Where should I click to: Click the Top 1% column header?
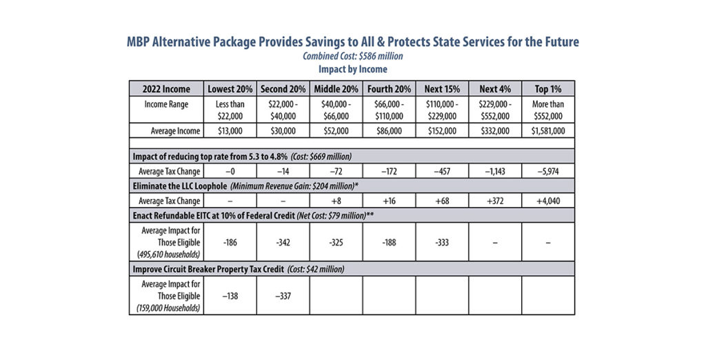click(x=548, y=89)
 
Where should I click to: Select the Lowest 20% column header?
click(x=230, y=89)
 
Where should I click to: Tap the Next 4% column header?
click(x=495, y=89)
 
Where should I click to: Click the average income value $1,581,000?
click(x=548, y=131)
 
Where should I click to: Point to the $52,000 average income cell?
click(x=336, y=131)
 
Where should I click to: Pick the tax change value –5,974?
click(x=548, y=171)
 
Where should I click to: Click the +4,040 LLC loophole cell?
click(x=548, y=201)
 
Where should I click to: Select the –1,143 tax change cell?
click(x=495, y=171)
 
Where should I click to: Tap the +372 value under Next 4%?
click(x=495, y=201)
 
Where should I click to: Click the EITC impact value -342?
click(x=283, y=242)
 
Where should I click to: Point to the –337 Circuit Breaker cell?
click(x=283, y=296)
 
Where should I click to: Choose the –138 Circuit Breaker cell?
click(x=230, y=296)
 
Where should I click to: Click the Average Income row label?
click(x=175, y=131)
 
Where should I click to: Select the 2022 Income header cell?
click(x=166, y=89)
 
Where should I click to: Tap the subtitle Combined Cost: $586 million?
click(x=352, y=57)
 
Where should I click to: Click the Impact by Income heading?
click(x=352, y=69)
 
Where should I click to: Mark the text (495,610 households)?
click(x=168, y=254)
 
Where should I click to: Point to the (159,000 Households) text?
click(x=168, y=308)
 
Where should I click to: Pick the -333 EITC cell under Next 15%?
click(x=442, y=242)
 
